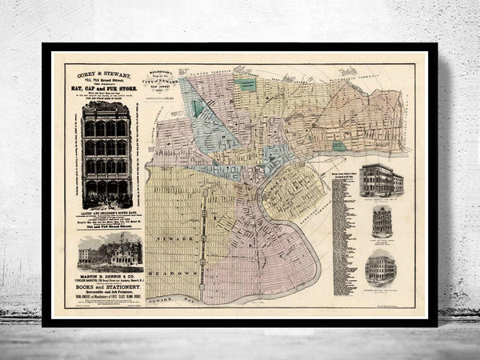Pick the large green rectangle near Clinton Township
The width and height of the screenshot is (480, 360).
246,84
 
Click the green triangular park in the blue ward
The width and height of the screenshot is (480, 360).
198,107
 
